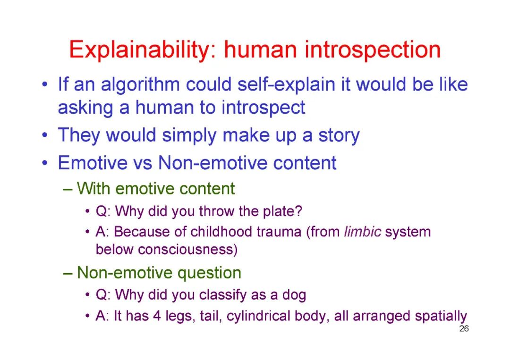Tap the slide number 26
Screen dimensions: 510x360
click(464, 328)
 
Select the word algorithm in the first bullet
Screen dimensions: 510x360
click(140, 85)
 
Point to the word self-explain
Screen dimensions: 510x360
click(287, 85)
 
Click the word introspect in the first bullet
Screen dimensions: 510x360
click(263, 108)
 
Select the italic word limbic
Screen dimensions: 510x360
click(362, 232)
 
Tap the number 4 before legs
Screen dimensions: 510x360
click(157, 316)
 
